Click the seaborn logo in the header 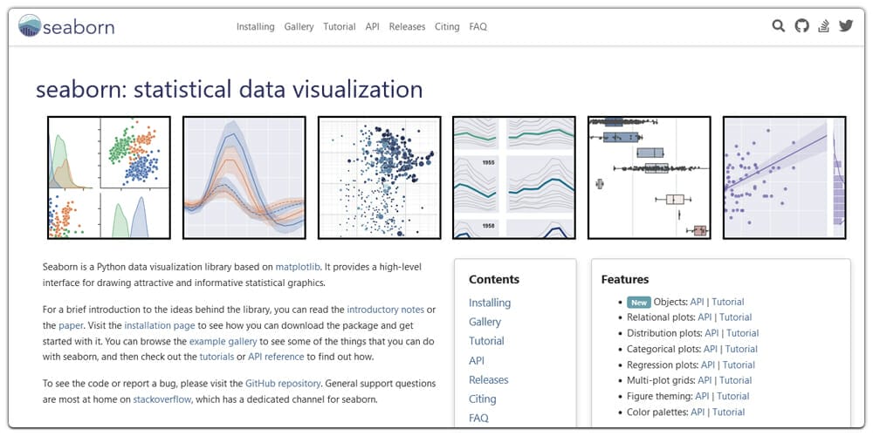pyautogui.click(x=66, y=26)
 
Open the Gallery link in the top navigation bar pyautogui.click(x=299, y=27)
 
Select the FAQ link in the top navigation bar pyautogui.click(x=478, y=27)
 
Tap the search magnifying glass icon pyautogui.click(x=779, y=26)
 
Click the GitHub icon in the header pyautogui.click(x=801, y=26)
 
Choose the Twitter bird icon pyautogui.click(x=845, y=26)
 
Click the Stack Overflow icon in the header pyautogui.click(x=823, y=26)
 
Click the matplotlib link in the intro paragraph pyautogui.click(x=298, y=266)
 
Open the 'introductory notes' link pyautogui.click(x=385, y=310)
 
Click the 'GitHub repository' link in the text pyautogui.click(x=284, y=383)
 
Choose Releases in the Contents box pyautogui.click(x=488, y=380)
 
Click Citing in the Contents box pyautogui.click(x=482, y=399)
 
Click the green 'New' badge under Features pyautogui.click(x=639, y=302)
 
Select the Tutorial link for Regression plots pyautogui.click(x=739, y=364)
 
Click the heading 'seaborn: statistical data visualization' pyautogui.click(x=229, y=90)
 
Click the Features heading pyautogui.click(x=624, y=280)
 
